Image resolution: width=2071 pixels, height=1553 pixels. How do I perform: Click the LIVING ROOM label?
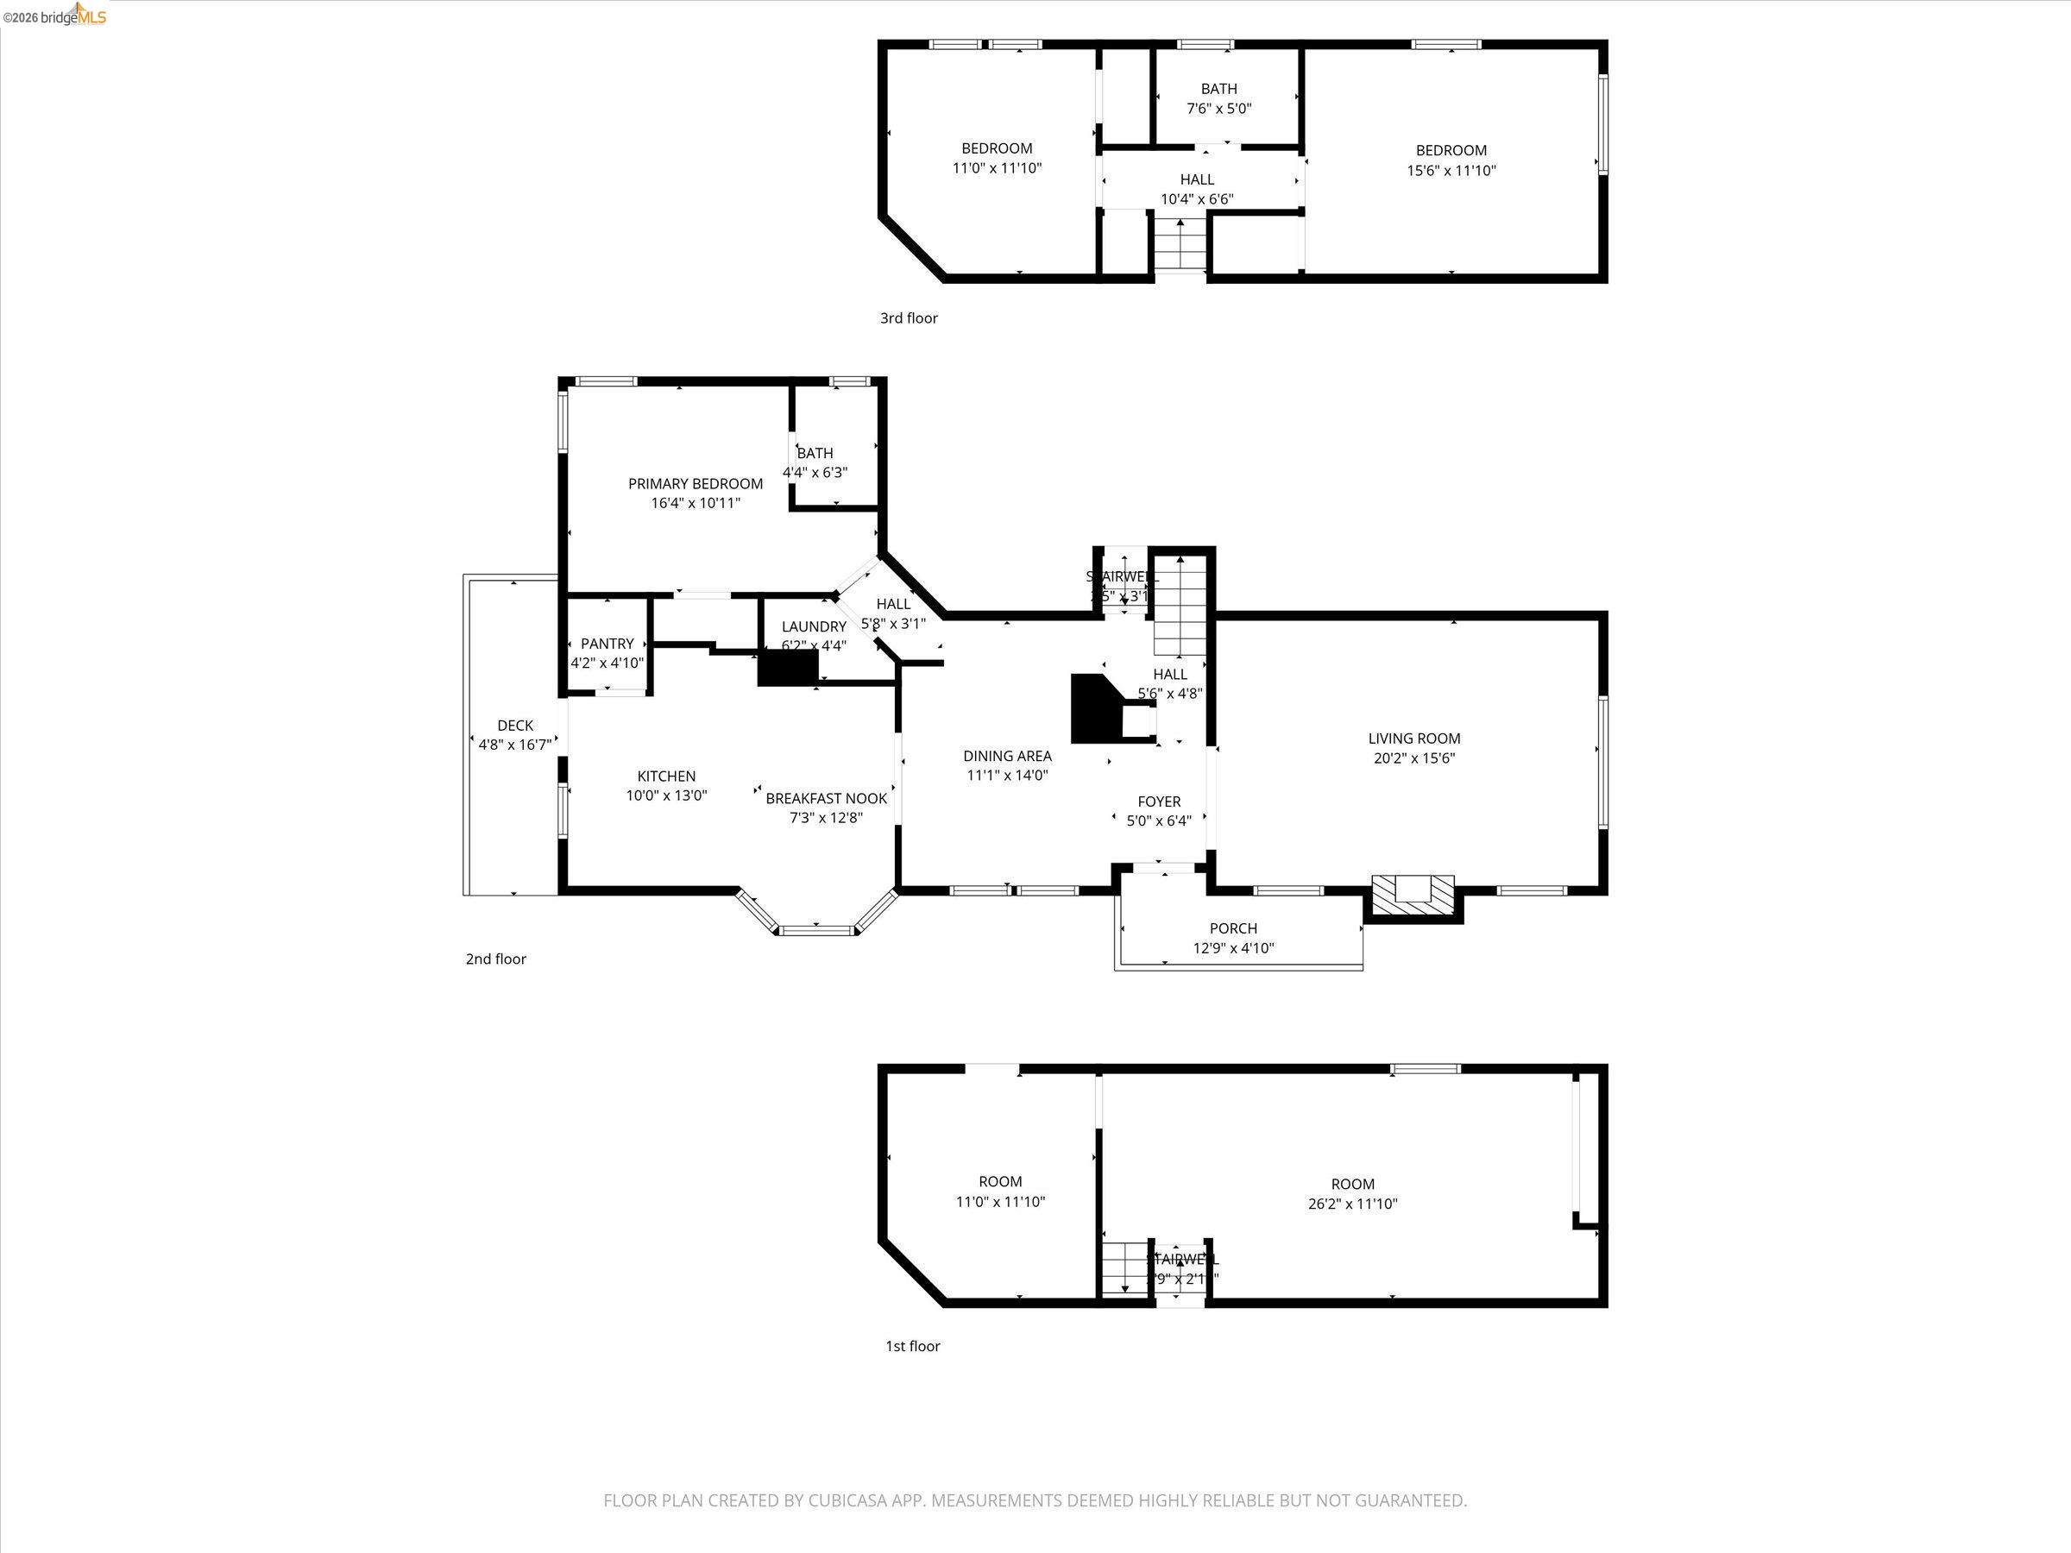(1413, 739)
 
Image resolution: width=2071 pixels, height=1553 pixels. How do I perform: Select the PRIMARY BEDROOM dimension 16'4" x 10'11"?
(696, 504)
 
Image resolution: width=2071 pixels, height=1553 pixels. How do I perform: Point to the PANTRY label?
(607, 643)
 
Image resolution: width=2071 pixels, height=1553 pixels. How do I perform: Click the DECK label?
(515, 726)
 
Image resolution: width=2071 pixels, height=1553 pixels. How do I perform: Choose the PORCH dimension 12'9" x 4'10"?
(1233, 948)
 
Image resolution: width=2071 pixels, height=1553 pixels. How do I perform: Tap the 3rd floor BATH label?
(1219, 89)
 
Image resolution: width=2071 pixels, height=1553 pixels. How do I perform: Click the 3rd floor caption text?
(908, 318)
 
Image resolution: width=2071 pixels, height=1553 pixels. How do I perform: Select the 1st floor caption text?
(913, 1346)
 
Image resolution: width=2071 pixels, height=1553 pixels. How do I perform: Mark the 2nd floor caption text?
(496, 959)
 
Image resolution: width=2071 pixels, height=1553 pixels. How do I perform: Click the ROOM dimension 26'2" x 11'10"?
(1353, 1204)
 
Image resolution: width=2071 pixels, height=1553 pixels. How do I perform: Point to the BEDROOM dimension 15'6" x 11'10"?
(1451, 170)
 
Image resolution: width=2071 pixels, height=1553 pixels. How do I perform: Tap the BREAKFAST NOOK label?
(826, 798)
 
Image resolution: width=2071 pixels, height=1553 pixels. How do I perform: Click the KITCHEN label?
(667, 776)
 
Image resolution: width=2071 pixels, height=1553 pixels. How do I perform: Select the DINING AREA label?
(1007, 756)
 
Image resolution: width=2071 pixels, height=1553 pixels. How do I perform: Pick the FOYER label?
(1159, 802)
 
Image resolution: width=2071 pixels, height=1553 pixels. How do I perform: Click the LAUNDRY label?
(814, 626)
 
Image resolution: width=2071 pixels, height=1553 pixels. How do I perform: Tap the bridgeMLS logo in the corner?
(56, 16)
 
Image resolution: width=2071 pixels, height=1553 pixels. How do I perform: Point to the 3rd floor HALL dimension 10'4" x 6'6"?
(1197, 199)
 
